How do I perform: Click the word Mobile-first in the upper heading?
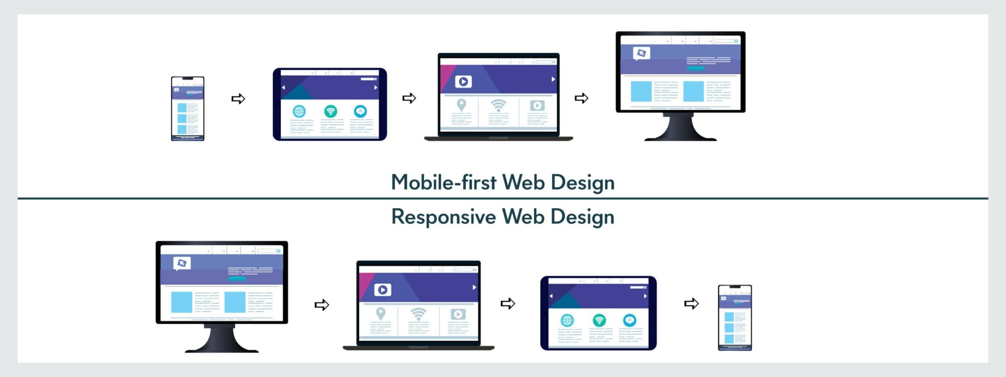pyautogui.click(x=443, y=183)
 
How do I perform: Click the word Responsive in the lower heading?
pyautogui.click(x=443, y=217)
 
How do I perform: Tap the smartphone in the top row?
pyautogui.click(x=187, y=108)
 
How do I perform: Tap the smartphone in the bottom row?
pyautogui.click(x=735, y=318)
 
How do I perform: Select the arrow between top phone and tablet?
pyautogui.click(x=238, y=99)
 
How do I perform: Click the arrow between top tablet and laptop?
pyautogui.click(x=409, y=98)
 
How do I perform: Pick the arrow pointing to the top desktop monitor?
pyautogui.click(x=582, y=98)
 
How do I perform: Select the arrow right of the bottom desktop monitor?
pyautogui.click(x=322, y=305)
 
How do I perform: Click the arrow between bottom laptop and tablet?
pyautogui.click(x=508, y=303)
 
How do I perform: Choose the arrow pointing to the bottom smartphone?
pyautogui.click(x=691, y=303)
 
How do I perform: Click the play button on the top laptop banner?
pyautogui.click(x=463, y=81)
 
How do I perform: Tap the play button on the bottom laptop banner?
pyautogui.click(x=383, y=290)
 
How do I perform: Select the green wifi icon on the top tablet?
pyautogui.click(x=331, y=111)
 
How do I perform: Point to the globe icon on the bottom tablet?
pyautogui.click(x=567, y=321)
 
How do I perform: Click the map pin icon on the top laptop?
pyautogui.click(x=461, y=105)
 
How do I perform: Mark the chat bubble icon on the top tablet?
pyautogui.click(x=361, y=111)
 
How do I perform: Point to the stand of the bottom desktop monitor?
pyautogui.click(x=222, y=339)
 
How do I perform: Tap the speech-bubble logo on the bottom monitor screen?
pyautogui.click(x=182, y=263)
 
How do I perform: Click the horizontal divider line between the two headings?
pyautogui.click(x=503, y=198)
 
